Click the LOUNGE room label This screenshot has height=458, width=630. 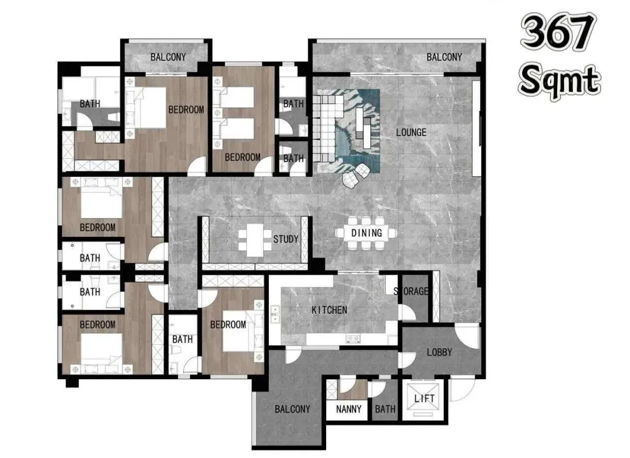(x=411, y=132)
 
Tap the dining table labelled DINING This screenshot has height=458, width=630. (x=366, y=233)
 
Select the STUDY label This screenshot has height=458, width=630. (x=286, y=239)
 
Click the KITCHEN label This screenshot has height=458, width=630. (x=330, y=310)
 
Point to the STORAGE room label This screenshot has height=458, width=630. (x=411, y=291)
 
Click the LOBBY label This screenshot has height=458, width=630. (x=439, y=352)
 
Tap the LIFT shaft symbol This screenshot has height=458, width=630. (x=424, y=399)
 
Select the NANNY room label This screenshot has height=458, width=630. (x=349, y=409)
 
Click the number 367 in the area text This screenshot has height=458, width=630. (x=558, y=32)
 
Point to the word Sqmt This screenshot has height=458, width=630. (x=559, y=81)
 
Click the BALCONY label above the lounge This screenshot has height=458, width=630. (x=444, y=57)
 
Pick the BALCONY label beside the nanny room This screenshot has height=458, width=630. (x=292, y=409)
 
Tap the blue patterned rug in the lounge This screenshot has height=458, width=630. (x=348, y=131)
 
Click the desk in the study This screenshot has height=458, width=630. (x=255, y=240)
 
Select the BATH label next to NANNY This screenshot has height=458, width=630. (x=385, y=409)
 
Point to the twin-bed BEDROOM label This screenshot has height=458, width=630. (x=242, y=157)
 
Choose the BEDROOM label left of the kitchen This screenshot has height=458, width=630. (x=228, y=324)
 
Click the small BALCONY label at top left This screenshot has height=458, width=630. (x=169, y=57)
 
